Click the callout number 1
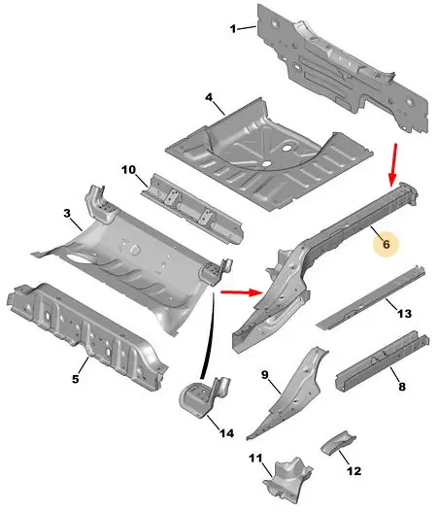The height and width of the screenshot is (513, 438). click(x=233, y=29)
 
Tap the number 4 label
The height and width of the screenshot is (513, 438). click(x=209, y=97)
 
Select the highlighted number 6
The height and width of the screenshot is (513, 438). click(x=387, y=244)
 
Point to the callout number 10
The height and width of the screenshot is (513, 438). click(x=128, y=170)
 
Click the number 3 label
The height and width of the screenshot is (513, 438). click(x=67, y=214)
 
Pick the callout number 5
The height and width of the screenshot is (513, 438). click(x=75, y=379)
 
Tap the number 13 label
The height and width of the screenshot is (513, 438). click(x=404, y=314)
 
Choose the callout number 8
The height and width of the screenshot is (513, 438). click(x=402, y=387)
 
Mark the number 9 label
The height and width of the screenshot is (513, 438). click(x=265, y=375)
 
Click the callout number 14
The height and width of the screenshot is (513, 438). click(x=226, y=433)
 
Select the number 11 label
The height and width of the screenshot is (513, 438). click(x=255, y=458)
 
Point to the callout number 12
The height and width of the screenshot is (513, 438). click(x=354, y=471)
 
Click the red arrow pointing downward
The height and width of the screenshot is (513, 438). click(x=394, y=164)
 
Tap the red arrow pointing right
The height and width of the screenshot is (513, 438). click(x=242, y=291)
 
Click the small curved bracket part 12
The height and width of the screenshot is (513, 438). click(x=338, y=442)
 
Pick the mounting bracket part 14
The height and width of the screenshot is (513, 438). click(x=204, y=396)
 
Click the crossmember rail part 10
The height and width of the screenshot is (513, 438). click(x=192, y=207)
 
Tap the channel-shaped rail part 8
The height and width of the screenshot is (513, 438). click(x=382, y=362)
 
